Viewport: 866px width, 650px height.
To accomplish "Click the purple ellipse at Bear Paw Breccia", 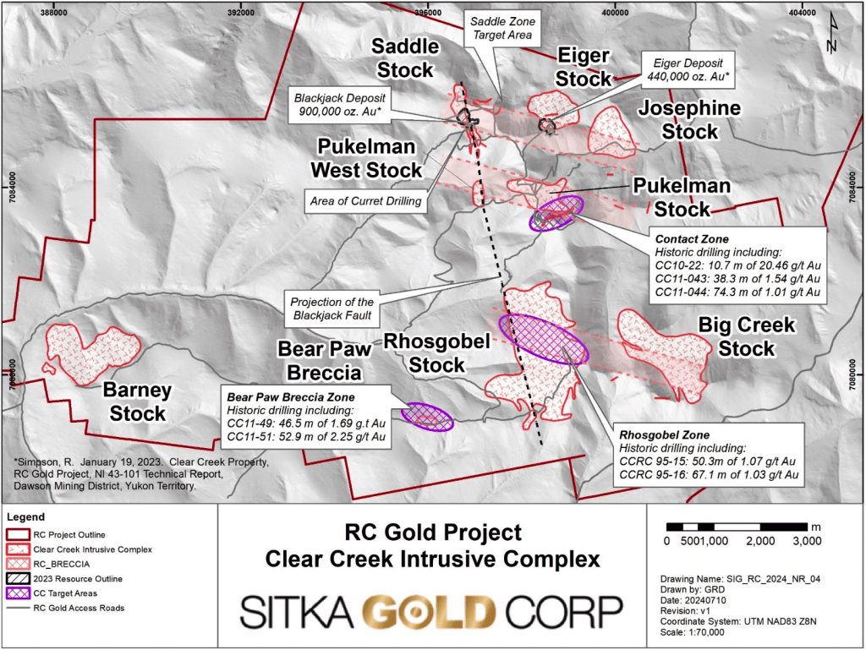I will [427, 415].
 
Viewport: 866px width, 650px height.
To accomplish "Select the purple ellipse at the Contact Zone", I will [556, 211].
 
